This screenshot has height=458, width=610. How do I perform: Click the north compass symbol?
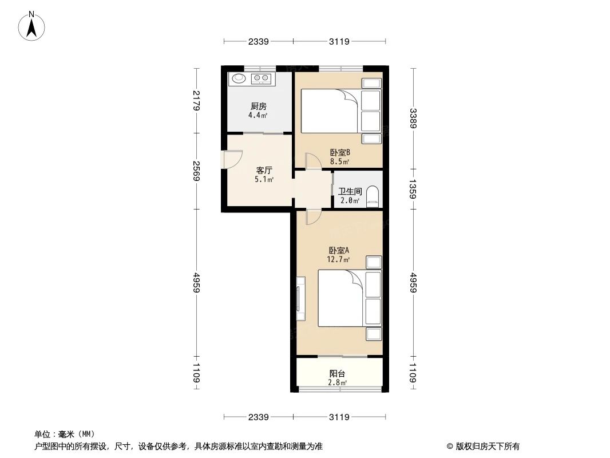(33, 25)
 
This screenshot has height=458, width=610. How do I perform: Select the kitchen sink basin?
(238, 78)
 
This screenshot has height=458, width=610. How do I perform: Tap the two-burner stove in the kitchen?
(262, 78)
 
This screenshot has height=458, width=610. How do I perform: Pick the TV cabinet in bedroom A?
(300, 298)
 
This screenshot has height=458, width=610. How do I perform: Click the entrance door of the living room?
(232, 159)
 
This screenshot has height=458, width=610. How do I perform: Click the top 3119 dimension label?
(339, 41)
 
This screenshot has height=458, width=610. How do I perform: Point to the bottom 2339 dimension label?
(259, 417)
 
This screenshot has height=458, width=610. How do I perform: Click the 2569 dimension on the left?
(196, 170)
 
